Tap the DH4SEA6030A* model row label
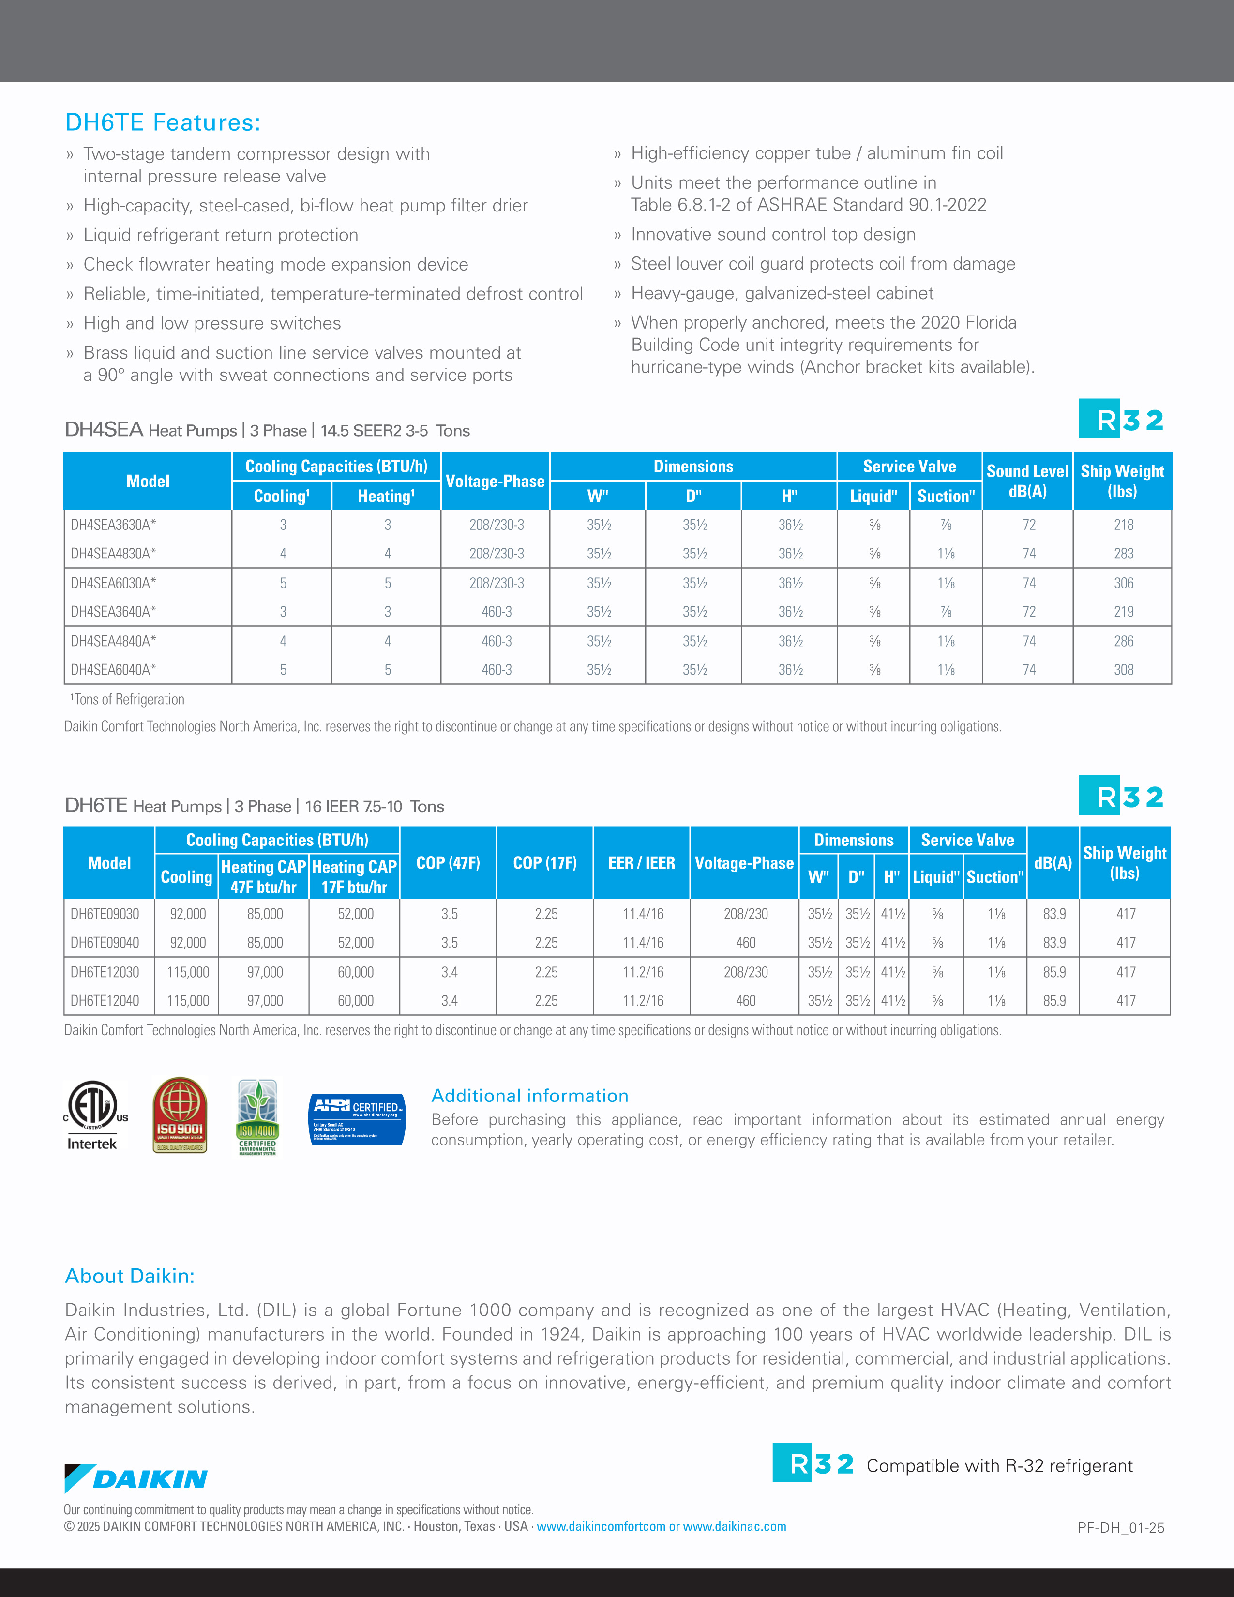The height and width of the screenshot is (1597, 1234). [x=113, y=583]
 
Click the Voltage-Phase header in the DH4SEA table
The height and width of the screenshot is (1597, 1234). [x=495, y=481]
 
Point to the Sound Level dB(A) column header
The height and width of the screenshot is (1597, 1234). [x=1027, y=481]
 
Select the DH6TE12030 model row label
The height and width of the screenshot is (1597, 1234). [x=105, y=972]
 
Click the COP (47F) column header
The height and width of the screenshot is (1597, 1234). [x=448, y=863]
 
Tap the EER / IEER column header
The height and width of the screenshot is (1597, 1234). [x=641, y=863]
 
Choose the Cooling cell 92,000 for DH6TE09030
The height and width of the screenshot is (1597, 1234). [x=188, y=914]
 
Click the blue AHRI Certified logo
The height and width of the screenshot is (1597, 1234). [x=357, y=1119]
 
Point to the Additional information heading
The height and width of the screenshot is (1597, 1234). [x=529, y=1095]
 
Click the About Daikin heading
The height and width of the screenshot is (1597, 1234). [x=129, y=1276]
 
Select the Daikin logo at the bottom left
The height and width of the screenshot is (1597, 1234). [x=136, y=1478]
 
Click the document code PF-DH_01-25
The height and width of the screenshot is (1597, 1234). [x=1120, y=1527]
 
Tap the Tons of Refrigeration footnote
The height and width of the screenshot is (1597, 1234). [x=128, y=700]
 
